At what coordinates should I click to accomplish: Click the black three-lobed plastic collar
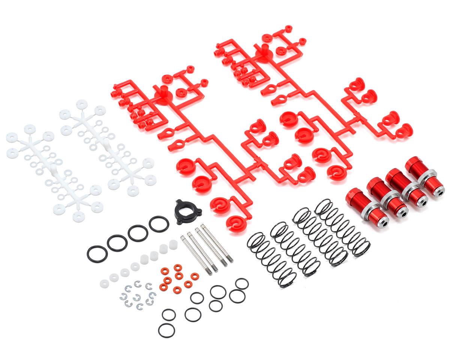tap(188, 212)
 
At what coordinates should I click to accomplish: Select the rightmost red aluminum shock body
tap(425, 176)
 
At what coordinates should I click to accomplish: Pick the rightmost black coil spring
tap(342, 228)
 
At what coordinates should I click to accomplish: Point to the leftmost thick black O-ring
tap(97, 254)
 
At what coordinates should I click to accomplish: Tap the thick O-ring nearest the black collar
tap(159, 224)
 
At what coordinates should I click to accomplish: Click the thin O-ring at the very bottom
tap(166, 331)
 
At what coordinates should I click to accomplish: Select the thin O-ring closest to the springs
tap(242, 284)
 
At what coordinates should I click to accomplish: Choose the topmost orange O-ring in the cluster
tap(177, 267)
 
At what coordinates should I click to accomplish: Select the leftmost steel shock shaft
tap(196, 255)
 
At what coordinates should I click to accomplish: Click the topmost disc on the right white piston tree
tap(82, 104)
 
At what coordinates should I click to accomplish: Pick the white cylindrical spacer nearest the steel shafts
tap(173, 244)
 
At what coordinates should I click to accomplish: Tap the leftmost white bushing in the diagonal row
tap(104, 283)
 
